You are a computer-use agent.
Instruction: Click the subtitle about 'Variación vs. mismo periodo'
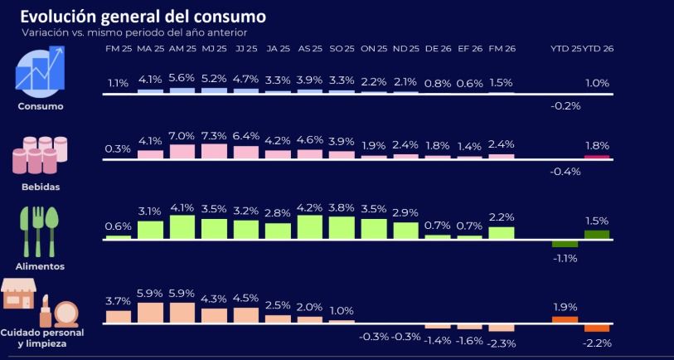point(134,32)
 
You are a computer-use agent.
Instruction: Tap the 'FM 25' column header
point(118,50)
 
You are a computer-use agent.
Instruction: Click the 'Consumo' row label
point(41,106)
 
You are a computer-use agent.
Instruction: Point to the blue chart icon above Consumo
point(41,70)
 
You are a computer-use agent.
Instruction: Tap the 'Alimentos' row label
point(41,266)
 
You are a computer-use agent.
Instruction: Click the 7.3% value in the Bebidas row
point(214,135)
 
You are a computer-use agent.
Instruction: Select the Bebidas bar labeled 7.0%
point(182,151)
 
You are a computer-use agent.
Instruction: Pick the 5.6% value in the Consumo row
point(182,79)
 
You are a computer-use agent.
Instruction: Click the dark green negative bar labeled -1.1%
point(565,243)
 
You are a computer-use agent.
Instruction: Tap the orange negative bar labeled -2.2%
point(596,327)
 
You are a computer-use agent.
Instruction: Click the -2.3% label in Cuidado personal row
point(502,343)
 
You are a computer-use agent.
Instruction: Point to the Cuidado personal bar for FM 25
point(118,315)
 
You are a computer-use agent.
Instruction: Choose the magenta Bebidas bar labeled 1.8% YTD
point(596,156)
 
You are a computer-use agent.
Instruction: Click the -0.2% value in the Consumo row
point(565,106)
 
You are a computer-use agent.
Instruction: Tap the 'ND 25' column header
point(405,50)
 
